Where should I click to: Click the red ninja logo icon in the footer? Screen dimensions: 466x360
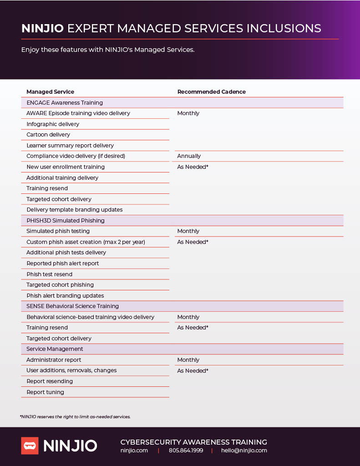click(30, 446)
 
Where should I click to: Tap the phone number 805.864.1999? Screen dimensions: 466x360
click(186, 451)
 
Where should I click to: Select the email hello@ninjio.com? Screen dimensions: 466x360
click(244, 451)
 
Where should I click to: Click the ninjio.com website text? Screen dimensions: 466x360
click(134, 451)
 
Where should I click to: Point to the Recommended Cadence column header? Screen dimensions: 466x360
click(211, 92)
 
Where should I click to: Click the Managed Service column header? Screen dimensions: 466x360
click(50, 92)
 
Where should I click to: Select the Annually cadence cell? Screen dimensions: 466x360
click(189, 156)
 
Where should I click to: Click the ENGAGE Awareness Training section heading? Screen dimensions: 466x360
click(65, 103)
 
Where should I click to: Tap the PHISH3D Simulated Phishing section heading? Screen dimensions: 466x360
click(66, 221)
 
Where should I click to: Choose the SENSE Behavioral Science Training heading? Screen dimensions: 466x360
click(72, 306)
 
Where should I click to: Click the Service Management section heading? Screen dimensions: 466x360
click(55, 349)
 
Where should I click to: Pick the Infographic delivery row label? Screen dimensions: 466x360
click(53, 124)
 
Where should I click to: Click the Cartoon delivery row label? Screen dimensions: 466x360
click(48, 135)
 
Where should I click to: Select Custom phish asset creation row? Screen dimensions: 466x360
click(86, 242)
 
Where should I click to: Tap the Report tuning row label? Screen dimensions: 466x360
click(45, 392)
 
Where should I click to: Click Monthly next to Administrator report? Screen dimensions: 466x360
click(188, 360)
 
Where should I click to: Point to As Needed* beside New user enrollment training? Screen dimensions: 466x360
click(193, 167)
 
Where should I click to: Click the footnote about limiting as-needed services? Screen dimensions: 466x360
click(75, 417)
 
